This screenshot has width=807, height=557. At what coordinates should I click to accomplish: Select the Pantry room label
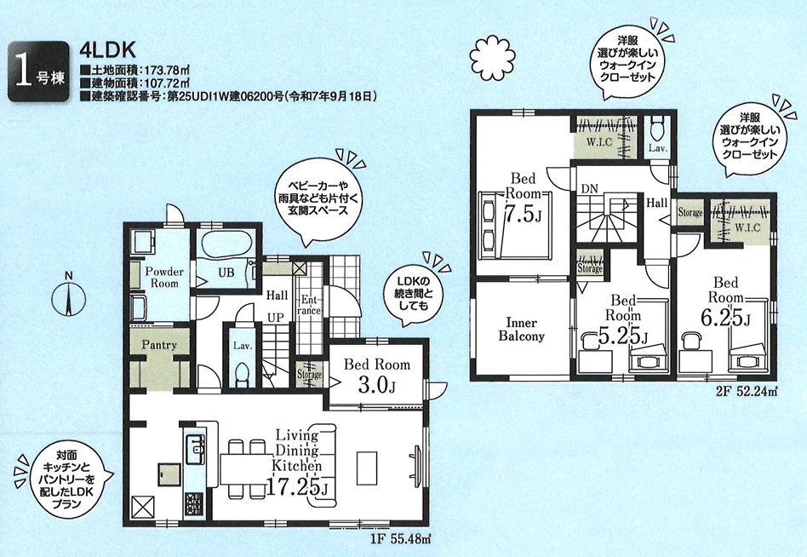click(x=159, y=345)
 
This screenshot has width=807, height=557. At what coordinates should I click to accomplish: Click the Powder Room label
click(x=164, y=278)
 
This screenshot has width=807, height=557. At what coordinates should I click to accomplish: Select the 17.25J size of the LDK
click(x=297, y=486)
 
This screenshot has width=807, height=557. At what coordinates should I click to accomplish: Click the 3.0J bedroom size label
click(x=376, y=385)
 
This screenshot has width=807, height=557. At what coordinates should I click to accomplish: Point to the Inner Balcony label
click(x=521, y=330)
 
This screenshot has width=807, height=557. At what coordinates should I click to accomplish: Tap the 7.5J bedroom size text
click(x=522, y=213)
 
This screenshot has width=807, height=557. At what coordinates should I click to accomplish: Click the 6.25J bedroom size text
click(x=725, y=318)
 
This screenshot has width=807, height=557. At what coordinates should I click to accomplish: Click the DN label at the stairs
click(x=590, y=189)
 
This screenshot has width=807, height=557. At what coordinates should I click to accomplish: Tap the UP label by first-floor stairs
click(x=275, y=318)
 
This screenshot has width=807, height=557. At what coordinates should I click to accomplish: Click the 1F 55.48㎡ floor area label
click(x=400, y=539)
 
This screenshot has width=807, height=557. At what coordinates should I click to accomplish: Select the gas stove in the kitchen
click(x=195, y=502)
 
